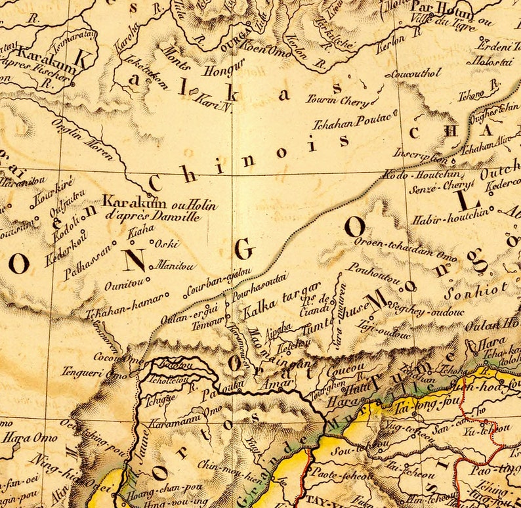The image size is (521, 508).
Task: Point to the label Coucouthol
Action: (x=416, y=74)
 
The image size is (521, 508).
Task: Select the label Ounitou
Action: (x=121, y=286)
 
